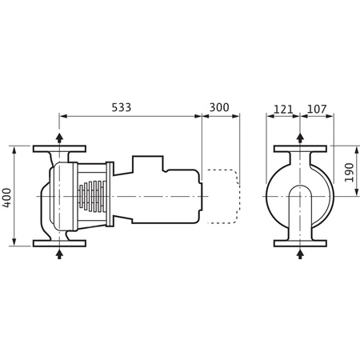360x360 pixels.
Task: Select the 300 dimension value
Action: [220, 106]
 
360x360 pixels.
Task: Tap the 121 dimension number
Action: [282, 106]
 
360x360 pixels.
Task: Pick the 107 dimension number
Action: [316, 106]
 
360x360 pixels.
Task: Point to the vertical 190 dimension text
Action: [349, 171]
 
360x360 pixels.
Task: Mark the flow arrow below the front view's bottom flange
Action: [300, 254]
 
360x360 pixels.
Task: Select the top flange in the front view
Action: [300, 149]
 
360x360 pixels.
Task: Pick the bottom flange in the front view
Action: [300, 242]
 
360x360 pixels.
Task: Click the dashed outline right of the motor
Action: [224, 195]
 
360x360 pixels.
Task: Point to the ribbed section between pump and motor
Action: [94, 196]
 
